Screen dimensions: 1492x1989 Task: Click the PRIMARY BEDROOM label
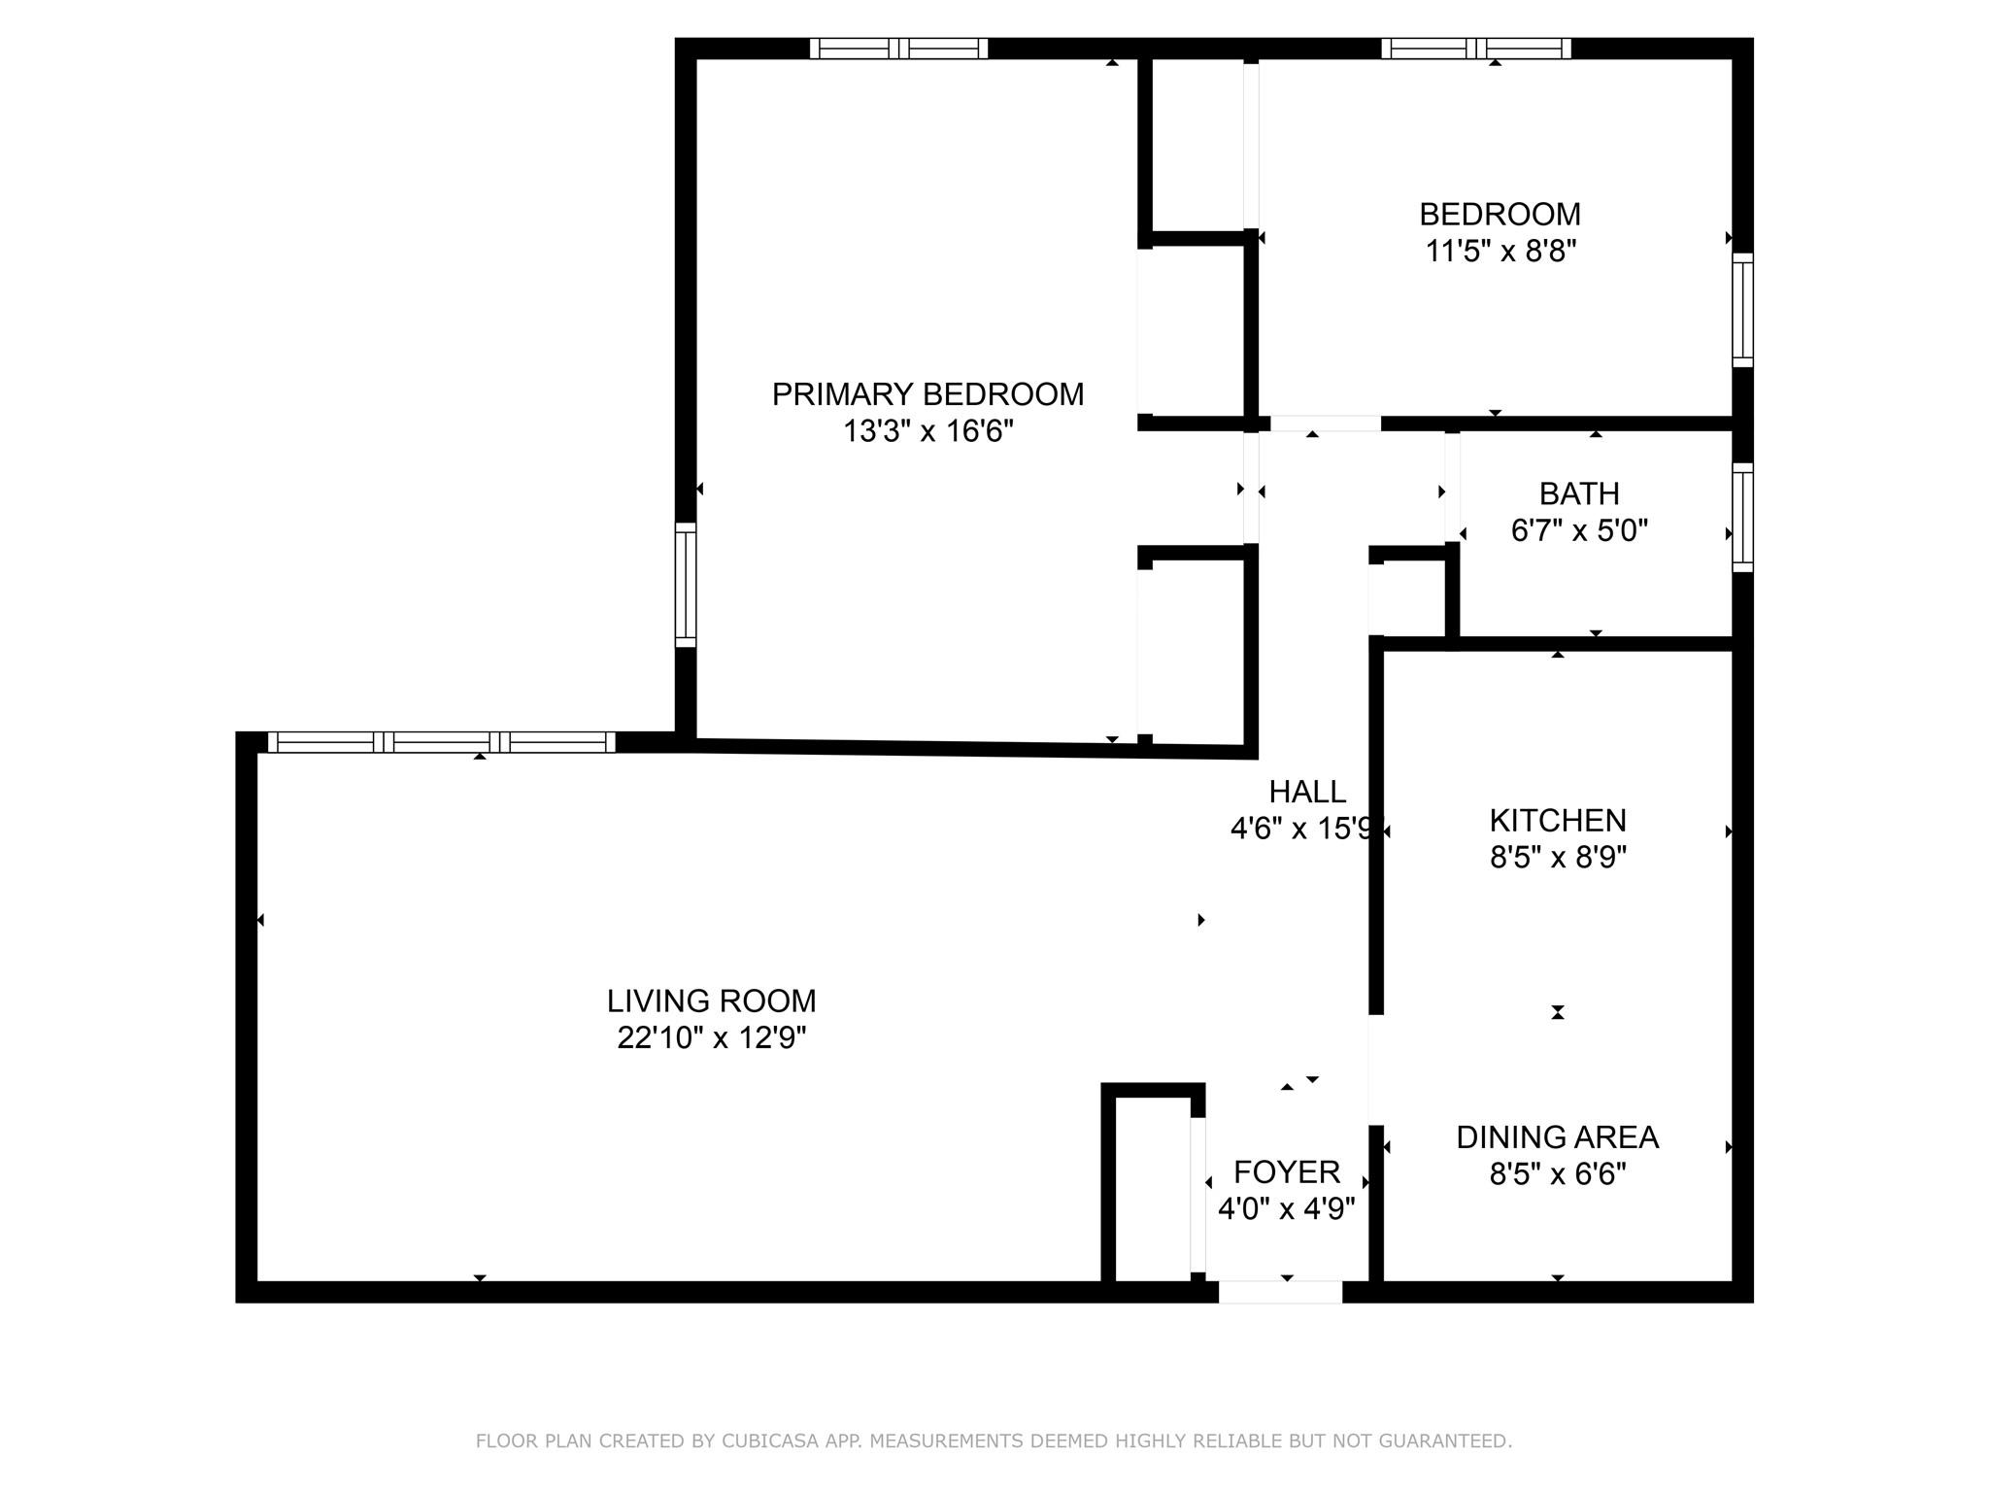click(927, 394)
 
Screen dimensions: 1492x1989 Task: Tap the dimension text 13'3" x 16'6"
click(927, 431)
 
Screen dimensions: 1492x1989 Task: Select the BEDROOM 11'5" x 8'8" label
click(1500, 232)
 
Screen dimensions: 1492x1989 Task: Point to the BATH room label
click(1579, 494)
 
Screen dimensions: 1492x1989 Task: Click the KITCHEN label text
click(1558, 821)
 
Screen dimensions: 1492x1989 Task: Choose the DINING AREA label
click(1557, 1137)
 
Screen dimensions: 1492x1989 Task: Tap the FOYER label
click(1287, 1172)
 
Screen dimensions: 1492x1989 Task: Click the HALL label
click(1307, 792)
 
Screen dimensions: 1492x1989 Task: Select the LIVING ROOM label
click(711, 1000)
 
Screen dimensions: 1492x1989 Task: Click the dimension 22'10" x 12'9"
click(711, 1038)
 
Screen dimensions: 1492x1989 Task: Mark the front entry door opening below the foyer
click(1280, 1292)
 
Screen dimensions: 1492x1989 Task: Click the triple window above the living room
click(442, 742)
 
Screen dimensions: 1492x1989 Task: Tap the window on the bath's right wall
click(1743, 517)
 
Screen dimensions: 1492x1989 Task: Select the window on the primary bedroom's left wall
click(686, 585)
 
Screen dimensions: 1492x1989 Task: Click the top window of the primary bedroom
click(898, 49)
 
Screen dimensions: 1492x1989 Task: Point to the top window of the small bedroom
click(1475, 49)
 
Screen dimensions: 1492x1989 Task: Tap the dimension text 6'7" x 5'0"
click(1579, 531)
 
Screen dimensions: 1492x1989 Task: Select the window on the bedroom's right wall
click(1743, 310)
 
